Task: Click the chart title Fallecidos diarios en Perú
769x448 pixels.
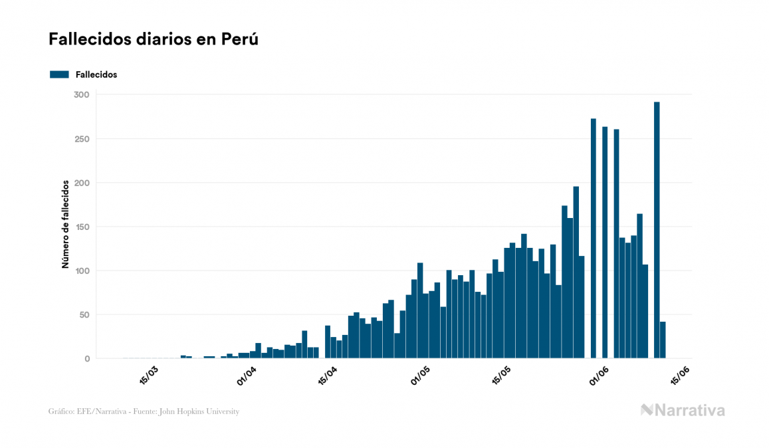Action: tap(153, 40)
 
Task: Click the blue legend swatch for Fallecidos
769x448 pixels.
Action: tap(59, 74)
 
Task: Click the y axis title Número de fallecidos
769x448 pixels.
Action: tap(66, 223)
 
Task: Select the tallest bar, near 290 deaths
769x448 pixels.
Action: tap(657, 229)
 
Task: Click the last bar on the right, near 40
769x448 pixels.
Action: tap(663, 340)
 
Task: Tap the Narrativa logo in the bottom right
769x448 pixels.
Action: tap(683, 410)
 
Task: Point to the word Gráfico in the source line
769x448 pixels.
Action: tap(61, 411)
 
